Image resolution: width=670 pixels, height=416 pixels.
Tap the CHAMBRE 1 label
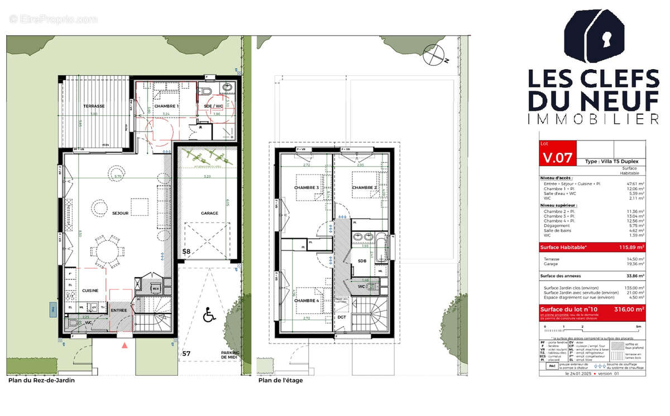click(166, 106)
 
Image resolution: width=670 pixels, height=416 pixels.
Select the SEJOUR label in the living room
click(120, 214)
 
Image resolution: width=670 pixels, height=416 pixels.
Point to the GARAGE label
click(209, 213)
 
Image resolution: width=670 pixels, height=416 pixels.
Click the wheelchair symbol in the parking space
click(209, 316)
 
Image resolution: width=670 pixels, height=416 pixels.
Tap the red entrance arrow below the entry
click(125, 346)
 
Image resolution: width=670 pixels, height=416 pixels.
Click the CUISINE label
click(91, 291)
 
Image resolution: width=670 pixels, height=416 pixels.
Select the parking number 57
click(186, 353)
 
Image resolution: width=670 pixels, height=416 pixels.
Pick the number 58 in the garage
click(187, 252)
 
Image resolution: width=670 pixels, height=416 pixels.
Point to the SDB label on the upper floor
click(362, 260)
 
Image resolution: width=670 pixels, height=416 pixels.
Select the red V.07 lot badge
click(557, 157)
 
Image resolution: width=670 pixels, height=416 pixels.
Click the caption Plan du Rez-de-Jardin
click(41, 381)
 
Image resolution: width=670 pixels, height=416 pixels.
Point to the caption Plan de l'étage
click(280, 381)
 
